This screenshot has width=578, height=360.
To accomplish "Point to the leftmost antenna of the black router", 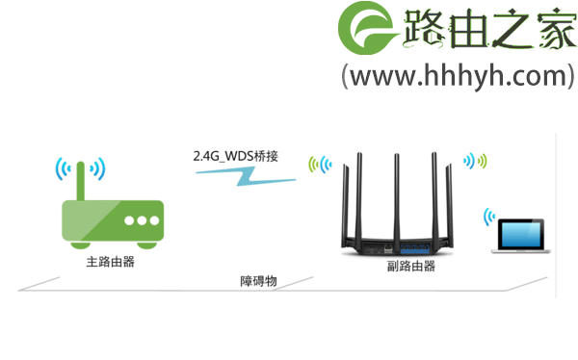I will coord(349,193).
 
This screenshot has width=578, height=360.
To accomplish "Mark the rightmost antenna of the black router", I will coord(450,193).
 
